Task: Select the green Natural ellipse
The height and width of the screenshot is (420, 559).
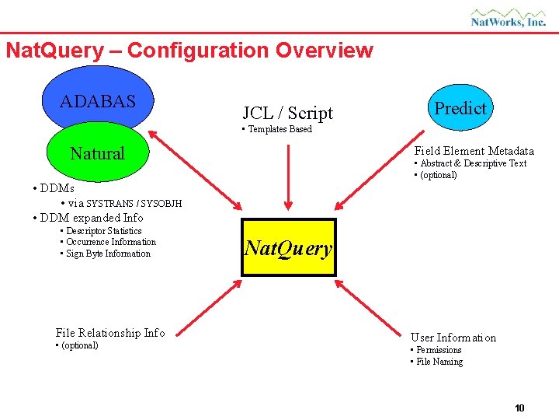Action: click(x=97, y=153)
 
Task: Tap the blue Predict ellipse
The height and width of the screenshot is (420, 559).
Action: click(x=460, y=108)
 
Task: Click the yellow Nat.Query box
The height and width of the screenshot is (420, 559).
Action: click(x=288, y=248)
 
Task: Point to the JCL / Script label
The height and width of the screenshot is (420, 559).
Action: click(x=287, y=113)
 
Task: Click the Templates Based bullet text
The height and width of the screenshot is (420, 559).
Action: click(x=277, y=129)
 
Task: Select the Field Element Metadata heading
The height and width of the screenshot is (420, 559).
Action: click(x=474, y=151)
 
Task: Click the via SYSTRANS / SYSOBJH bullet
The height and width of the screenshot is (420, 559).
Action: click(x=123, y=203)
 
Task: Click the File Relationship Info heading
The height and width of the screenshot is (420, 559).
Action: click(x=110, y=333)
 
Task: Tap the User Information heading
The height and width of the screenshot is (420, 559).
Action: click(x=453, y=338)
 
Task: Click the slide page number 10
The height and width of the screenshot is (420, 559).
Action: click(x=519, y=408)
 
